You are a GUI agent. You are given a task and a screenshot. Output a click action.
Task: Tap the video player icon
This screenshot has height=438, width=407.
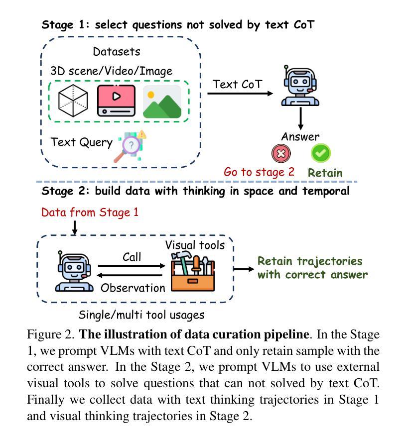(116, 100)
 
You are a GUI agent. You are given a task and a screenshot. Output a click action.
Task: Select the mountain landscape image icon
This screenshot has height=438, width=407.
(162, 102)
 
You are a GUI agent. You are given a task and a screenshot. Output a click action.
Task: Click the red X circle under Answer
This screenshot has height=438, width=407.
(281, 153)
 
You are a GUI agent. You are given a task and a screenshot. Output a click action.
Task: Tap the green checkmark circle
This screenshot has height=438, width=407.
(321, 153)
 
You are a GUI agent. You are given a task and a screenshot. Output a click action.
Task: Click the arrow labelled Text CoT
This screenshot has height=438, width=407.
(240, 94)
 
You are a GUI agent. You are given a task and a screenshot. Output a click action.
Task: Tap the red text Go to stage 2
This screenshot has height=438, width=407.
(259, 172)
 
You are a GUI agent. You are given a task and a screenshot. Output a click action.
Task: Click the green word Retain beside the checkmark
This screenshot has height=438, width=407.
(325, 173)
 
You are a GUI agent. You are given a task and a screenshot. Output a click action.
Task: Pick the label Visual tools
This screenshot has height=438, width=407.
(195, 245)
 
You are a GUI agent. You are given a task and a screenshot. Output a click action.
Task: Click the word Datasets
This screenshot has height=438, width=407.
(117, 51)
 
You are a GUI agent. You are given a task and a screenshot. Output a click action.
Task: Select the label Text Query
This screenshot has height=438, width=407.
(82, 142)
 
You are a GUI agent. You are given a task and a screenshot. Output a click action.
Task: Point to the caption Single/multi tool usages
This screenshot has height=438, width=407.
(141, 315)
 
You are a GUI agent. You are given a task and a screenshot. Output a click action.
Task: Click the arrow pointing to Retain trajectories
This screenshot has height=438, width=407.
(244, 269)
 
